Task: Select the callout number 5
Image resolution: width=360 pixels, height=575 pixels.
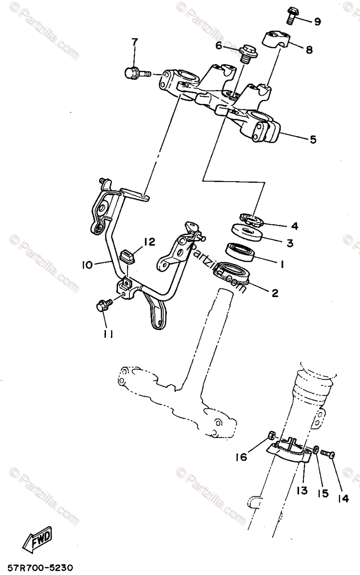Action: [313, 139]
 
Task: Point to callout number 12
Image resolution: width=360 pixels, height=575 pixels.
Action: [149, 242]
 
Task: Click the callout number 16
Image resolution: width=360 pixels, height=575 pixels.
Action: [241, 457]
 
